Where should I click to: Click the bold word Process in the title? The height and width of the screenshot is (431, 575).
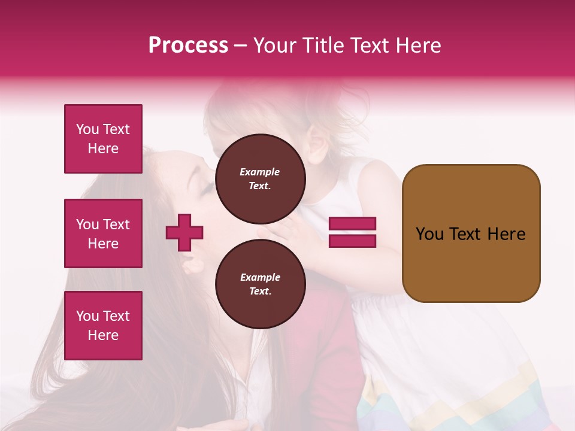(x=188, y=45)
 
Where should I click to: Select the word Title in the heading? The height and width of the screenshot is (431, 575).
(x=324, y=45)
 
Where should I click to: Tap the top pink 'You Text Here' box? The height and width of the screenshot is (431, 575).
(x=103, y=139)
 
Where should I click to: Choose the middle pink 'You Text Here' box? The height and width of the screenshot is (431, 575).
(x=103, y=233)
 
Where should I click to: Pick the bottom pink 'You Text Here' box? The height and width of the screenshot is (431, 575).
(x=103, y=326)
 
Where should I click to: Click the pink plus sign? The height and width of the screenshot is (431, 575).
(x=184, y=232)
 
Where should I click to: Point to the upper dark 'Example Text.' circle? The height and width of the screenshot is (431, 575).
(x=260, y=178)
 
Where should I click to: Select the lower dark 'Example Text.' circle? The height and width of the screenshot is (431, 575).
(x=260, y=284)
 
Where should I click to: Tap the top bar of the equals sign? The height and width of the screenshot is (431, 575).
(x=353, y=224)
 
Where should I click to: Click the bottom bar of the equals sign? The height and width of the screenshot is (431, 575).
(x=353, y=241)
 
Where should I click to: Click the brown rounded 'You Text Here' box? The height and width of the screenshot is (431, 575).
(x=471, y=233)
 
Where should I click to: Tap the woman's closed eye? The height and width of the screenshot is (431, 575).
(x=205, y=190)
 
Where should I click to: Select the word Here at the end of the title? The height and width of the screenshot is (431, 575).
(x=419, y=45)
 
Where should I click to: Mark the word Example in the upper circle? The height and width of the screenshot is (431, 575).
(x=260, y=172)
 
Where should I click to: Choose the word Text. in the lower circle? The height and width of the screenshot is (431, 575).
(x=260, y=291)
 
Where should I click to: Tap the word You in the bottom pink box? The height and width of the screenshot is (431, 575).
(x=87, y=316)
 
